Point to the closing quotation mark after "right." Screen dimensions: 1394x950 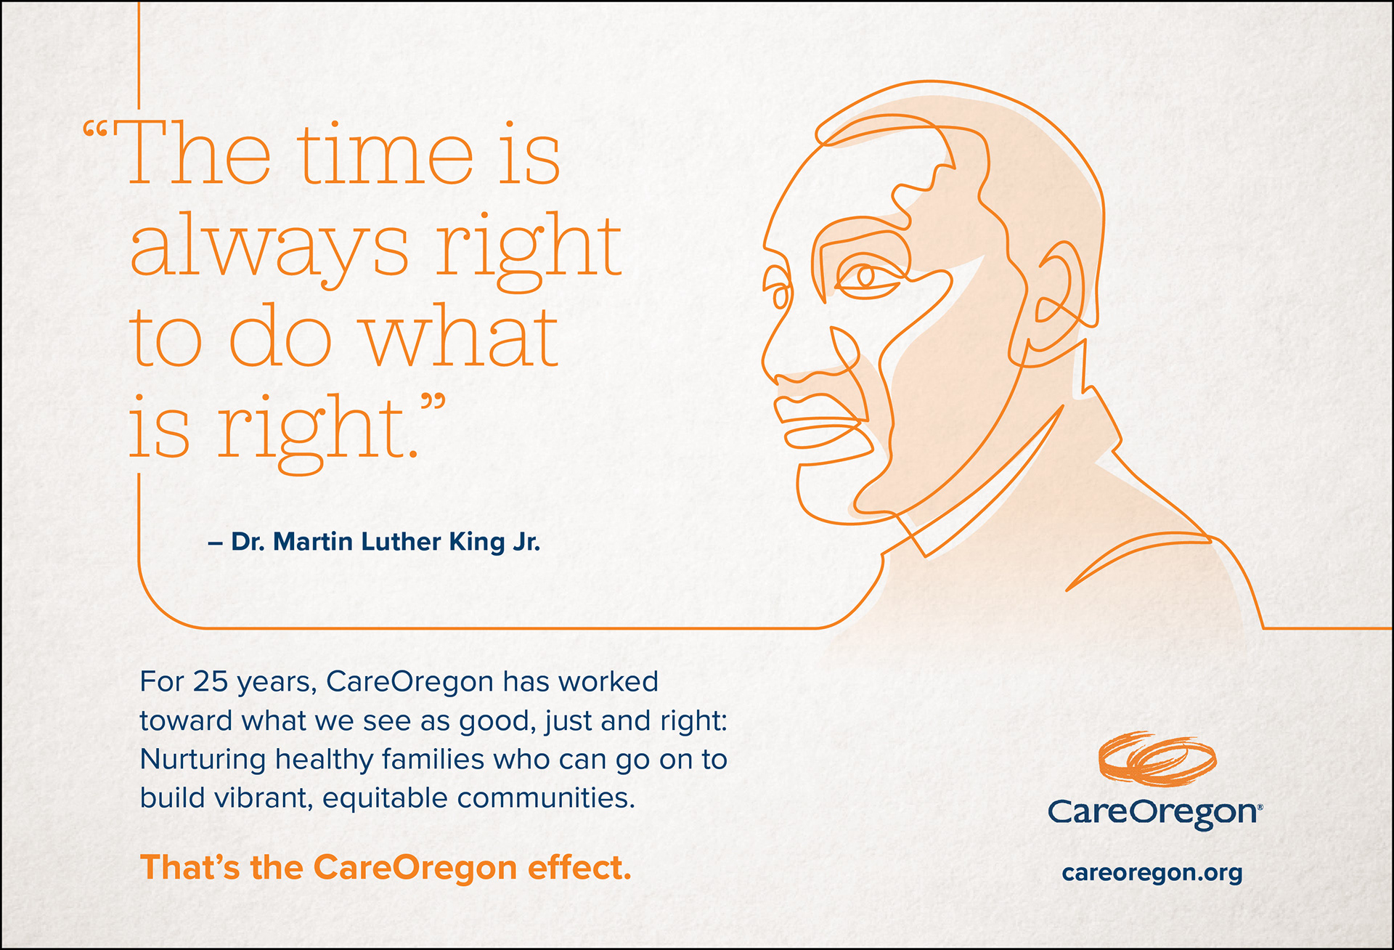pos(433,404)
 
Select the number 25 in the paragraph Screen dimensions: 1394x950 pos(211,682)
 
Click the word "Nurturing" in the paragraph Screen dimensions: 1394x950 pos(203,760)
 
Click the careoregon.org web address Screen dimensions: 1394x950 pos(1152,872)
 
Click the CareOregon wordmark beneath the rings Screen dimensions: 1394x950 pos(1154,812)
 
